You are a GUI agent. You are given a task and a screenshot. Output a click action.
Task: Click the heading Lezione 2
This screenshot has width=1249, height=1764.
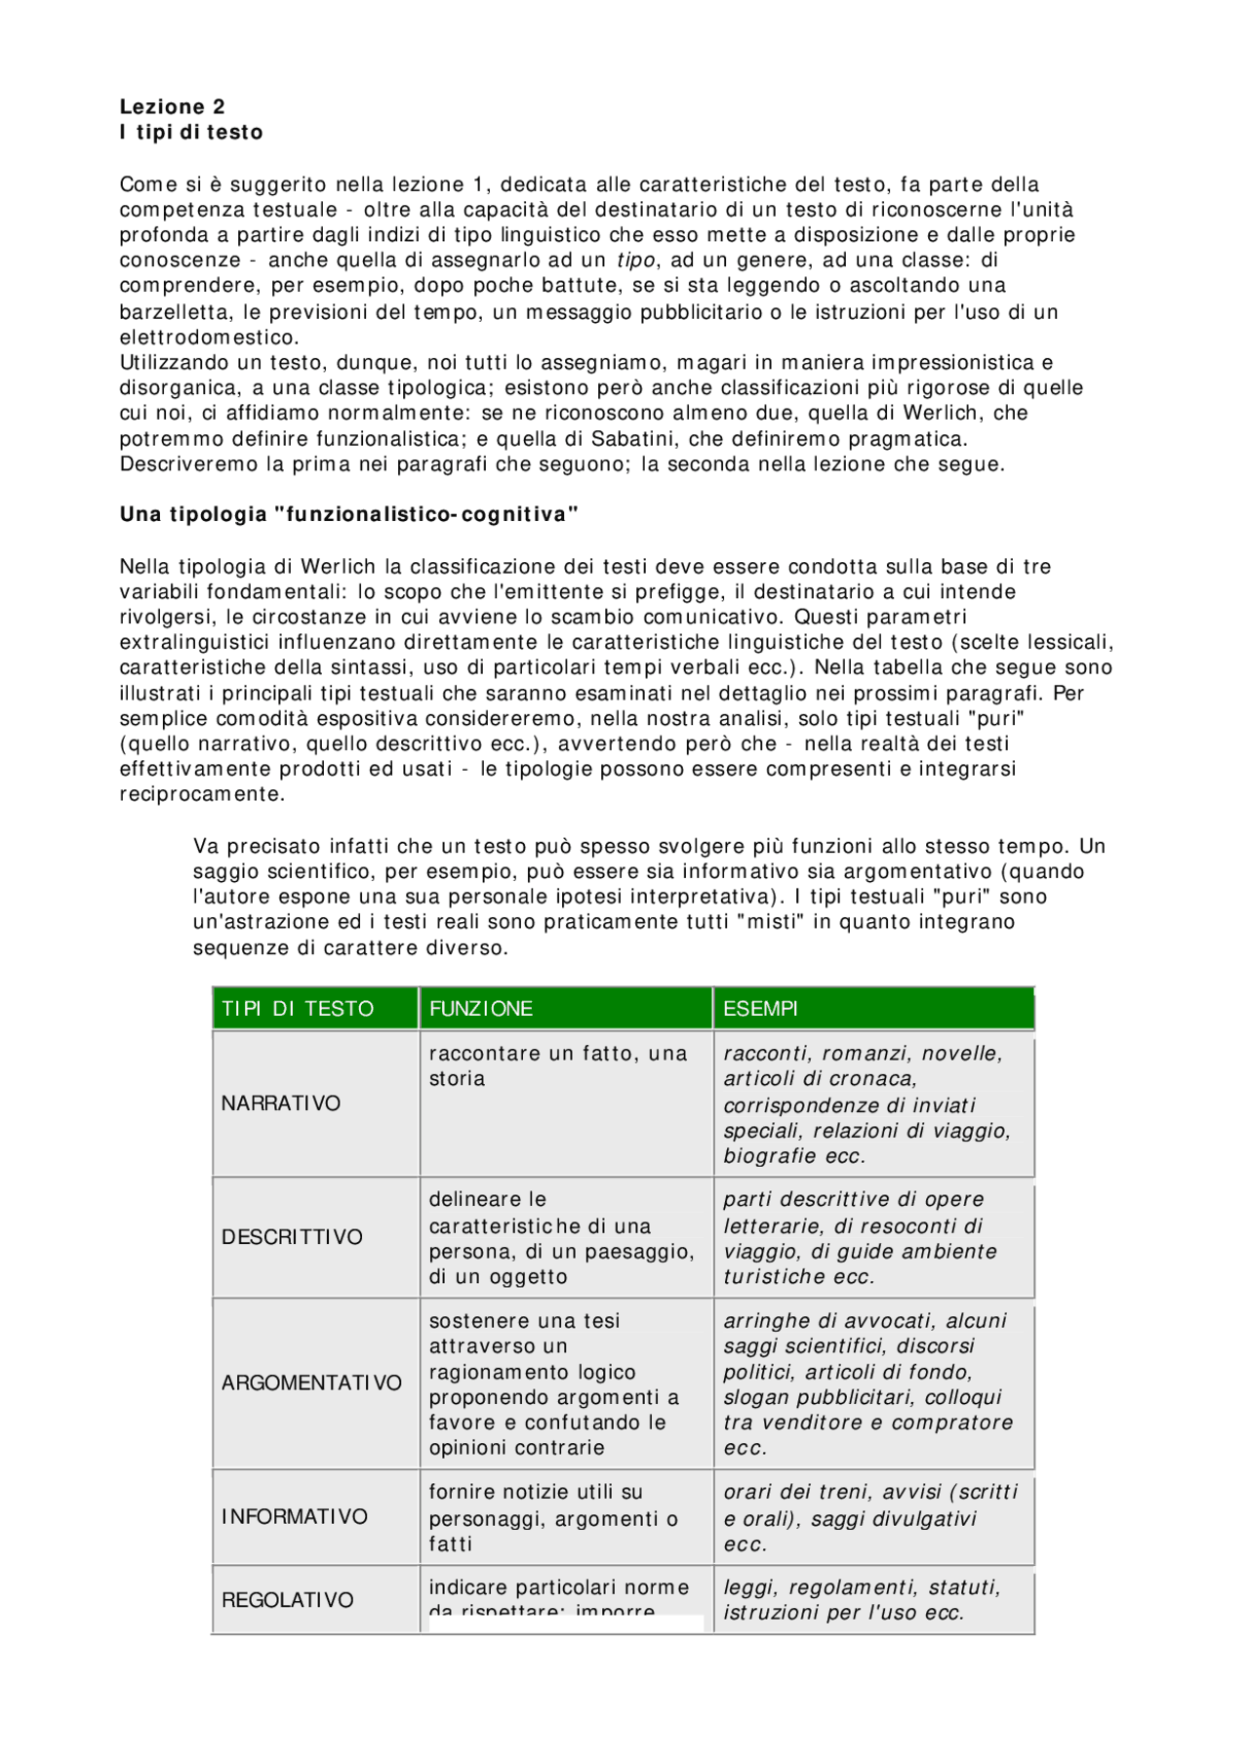172,107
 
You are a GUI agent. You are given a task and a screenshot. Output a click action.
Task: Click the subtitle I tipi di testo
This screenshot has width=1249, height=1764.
191,133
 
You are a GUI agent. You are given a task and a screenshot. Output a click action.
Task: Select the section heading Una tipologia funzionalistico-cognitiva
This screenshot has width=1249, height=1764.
349,515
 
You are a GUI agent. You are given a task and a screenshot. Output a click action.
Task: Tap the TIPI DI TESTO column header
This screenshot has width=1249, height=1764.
298,1009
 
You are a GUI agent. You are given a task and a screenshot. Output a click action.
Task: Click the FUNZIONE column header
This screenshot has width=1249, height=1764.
481,1009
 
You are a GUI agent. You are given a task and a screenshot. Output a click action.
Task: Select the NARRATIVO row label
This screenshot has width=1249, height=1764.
281,1103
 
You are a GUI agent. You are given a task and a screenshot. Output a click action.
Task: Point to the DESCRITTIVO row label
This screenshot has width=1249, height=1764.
292,1237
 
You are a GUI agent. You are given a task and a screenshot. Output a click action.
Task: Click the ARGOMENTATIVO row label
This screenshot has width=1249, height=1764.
311,1383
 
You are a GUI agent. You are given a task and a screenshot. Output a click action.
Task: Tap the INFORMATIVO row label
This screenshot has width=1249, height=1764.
295,1517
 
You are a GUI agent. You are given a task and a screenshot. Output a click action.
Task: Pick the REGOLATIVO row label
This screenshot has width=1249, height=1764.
287,1601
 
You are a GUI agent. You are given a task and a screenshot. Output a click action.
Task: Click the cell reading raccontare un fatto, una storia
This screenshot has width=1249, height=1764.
558,1066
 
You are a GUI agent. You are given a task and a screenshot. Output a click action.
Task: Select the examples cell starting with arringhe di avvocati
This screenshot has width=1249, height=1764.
867,1383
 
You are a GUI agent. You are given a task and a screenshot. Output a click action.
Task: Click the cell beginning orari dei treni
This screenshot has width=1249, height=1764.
869,1517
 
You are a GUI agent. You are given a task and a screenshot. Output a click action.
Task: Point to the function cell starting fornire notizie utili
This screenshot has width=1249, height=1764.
552,1517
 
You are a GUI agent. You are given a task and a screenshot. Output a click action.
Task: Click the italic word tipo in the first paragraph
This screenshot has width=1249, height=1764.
636,261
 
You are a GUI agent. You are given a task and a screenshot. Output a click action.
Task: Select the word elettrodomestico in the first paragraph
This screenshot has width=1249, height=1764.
209,338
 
